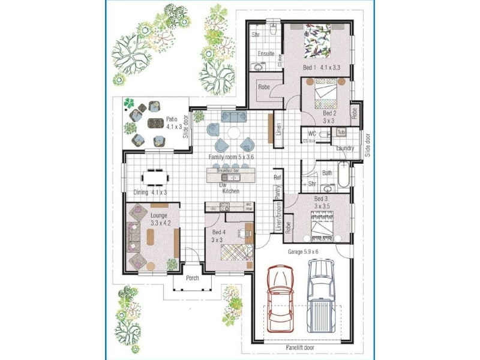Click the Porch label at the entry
(192, 278)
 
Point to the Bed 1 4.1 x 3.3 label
(322, 68)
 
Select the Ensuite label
(266, 54)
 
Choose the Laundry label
(344, 148)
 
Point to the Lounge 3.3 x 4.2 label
(160, 218)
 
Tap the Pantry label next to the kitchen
(278, 191)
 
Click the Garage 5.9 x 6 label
(303, 251)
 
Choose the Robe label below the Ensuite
(263, 88)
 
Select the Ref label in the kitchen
(277, 178)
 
